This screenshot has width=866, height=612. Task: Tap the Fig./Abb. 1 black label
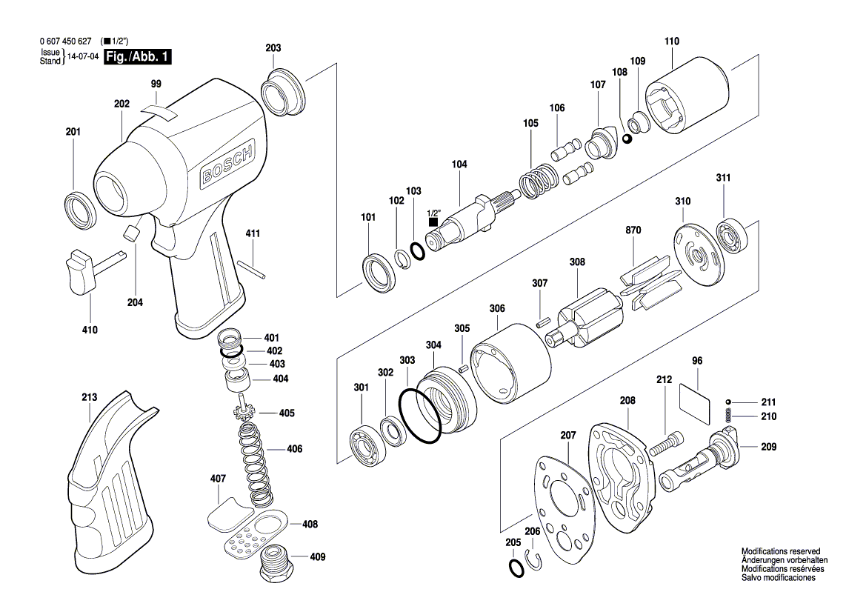click(x=137, y=57)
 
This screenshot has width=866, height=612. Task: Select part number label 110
click(x=671, y=41)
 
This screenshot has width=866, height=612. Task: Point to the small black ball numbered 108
click(x=627, y=139)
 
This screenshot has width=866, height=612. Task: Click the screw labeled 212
click(x=667, y=445)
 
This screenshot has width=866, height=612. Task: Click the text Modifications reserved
click(x=780, y=552)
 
